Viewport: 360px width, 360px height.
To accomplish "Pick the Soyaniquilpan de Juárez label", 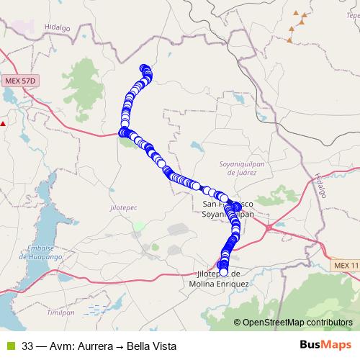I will click(237, 168).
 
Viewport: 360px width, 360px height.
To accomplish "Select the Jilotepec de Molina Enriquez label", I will click(222, 279).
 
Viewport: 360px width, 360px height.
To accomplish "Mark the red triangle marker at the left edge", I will click(3, 123).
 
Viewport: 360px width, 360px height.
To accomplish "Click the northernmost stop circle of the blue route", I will click(145, 68).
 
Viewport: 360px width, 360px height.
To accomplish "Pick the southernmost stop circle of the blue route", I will click(223, 271).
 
